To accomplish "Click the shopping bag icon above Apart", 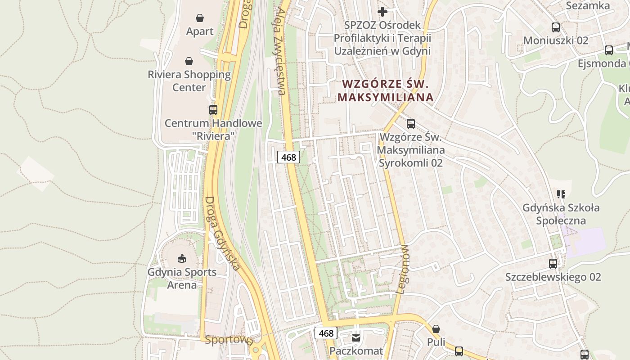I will (x=200, y=18).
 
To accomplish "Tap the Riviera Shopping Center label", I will (x=189, y=81).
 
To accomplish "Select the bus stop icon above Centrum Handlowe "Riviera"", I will (x=213, y=109).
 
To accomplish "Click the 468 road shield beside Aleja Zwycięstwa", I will (x=288, y=157).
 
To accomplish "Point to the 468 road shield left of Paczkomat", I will (x=325, y=333).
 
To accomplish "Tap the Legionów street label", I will (x=403, y=269).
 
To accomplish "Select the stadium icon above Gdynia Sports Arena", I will (x=182, y=258).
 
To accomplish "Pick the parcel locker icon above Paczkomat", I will (x=356, y=337).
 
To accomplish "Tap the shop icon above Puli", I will (x=436, y=329).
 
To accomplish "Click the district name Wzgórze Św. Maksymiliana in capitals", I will (x=386, y=90).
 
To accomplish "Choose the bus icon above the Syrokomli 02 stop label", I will (x=411, y=123).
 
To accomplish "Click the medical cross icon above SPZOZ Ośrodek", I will (x=382, y=11).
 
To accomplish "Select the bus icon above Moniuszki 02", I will (x=556, y=27).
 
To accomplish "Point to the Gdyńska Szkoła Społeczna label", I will (x=561, y=214).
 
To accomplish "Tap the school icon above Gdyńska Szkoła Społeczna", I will (x=561, y=194).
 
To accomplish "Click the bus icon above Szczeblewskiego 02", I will (x=553, y=263).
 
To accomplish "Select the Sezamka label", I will (x=588, y=6).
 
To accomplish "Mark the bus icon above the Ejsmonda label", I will (x=609, y=50).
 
